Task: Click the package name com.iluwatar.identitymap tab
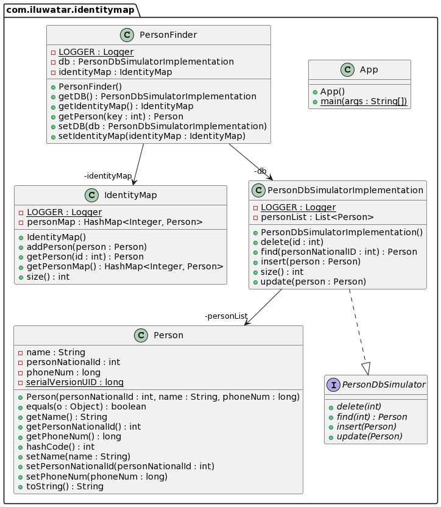[x=70, y=10]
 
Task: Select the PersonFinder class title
[x=168, y=35]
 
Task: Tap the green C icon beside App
[x=348, y=69]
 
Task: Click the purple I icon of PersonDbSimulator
[x=333, y=385]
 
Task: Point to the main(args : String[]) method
[x=364, y=101]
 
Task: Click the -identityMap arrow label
[x=108, y=176]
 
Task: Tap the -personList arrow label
[x=227, y=316]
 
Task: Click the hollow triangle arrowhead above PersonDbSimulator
[x=366, y=369]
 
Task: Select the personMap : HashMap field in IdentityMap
[x=115, y=222]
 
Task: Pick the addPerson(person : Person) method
[x=86, y=247]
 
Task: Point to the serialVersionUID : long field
[x=75, y=382]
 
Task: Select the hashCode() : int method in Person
[x=60, y=447]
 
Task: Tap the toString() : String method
[x=65, y=486]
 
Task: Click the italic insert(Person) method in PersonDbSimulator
[x=366, y=427]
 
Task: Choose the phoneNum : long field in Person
[x=63, y=372]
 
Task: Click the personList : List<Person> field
[x=317, y=217]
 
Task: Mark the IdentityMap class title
[x=130, y=195]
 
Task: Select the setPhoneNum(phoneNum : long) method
[x=97, y=477]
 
